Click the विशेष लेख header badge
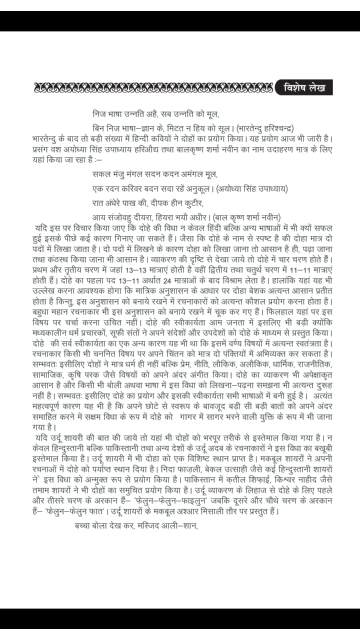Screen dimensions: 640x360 tap(304, 87)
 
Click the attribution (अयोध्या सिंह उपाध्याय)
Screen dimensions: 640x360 tap(254, 188)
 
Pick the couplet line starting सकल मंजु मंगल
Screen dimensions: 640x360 tap(155, 174)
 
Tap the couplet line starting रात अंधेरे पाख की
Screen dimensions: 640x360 tap(148, 203)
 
